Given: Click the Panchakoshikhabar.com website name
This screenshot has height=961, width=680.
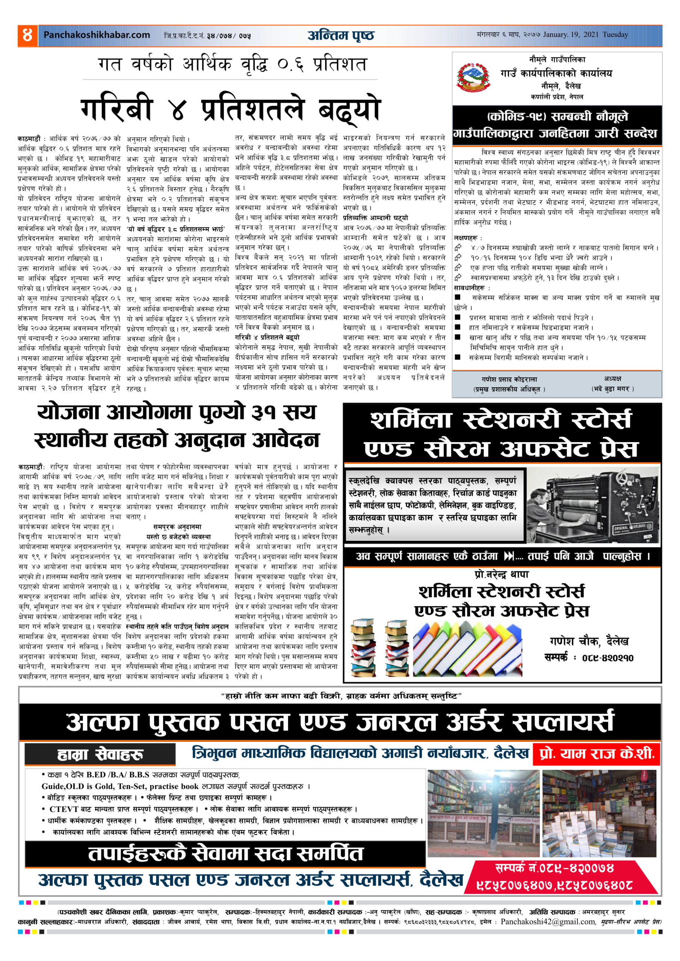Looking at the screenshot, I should coord(97,35).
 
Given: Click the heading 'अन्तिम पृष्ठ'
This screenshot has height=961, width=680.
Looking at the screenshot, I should coord(341,36).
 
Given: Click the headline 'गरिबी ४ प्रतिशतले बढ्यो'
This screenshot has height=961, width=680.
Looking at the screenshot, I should coord(230,110).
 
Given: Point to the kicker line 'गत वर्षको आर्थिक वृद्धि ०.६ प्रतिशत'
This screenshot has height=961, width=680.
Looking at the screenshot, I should coord(232,65).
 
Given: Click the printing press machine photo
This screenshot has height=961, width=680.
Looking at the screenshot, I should coord(592,505).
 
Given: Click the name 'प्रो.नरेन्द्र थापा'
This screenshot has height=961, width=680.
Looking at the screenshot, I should coord(502,574).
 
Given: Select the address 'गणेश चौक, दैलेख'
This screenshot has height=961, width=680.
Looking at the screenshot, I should coord(589,641).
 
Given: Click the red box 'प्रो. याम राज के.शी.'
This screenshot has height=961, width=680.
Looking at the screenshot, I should coord(596,754).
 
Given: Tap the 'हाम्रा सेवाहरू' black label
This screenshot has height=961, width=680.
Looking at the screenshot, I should coord(100,755).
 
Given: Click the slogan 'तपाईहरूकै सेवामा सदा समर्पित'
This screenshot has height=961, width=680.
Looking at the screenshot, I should coord(225,854).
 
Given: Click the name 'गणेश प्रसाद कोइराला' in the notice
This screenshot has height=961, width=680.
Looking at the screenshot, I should coord(509,379).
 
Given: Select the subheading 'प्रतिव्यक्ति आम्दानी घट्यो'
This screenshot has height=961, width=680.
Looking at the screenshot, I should coord(375,218).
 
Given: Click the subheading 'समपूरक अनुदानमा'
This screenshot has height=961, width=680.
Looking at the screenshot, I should coord(177,527).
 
